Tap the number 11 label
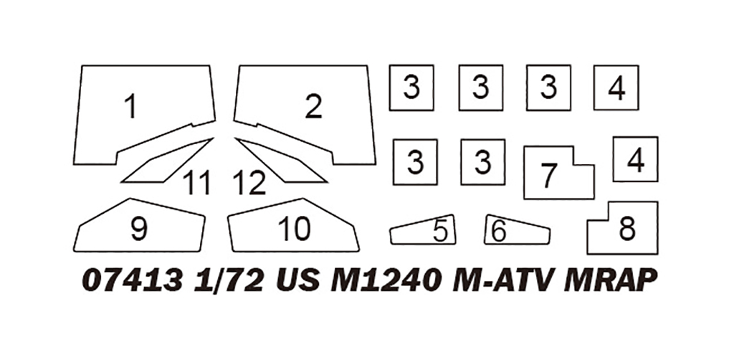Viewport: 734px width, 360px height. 196,184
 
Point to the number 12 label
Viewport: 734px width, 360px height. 249,184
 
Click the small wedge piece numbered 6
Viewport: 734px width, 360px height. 516,231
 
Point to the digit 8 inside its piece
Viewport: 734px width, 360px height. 627,229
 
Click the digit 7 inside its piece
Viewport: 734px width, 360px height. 549,175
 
